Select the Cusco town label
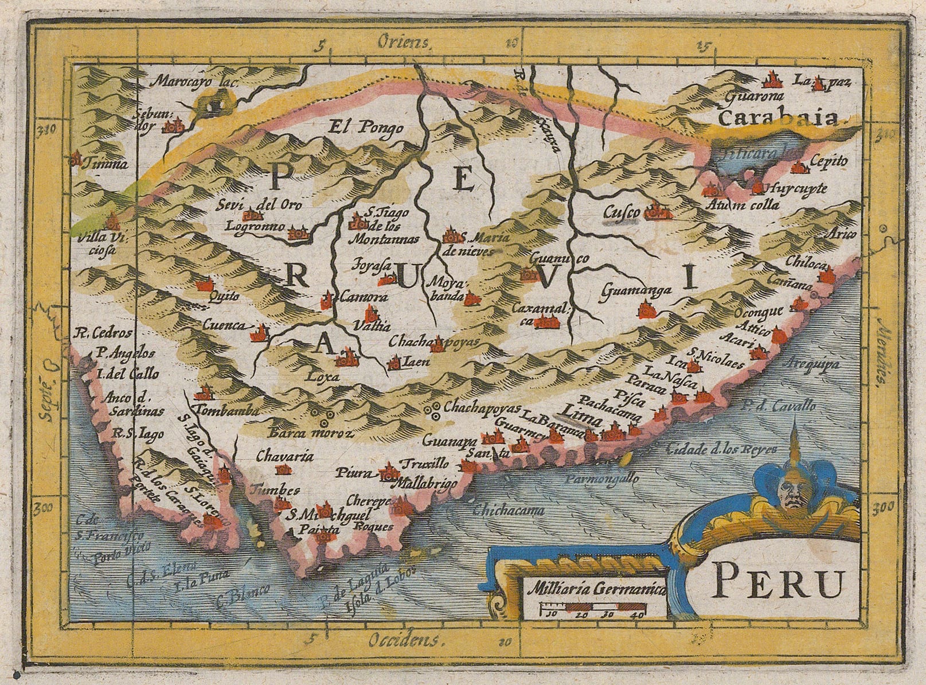621,213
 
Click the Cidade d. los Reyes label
720,448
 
